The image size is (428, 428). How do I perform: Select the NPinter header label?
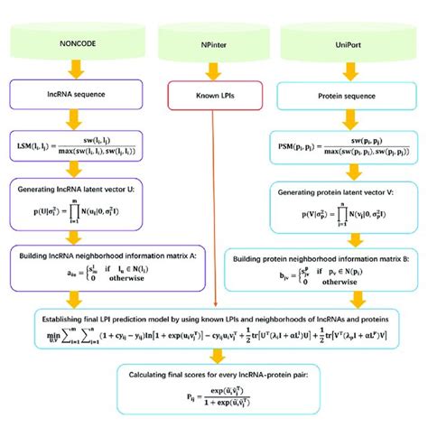[x=213, y=42]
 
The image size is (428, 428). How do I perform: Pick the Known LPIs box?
[x=213, y=94]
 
